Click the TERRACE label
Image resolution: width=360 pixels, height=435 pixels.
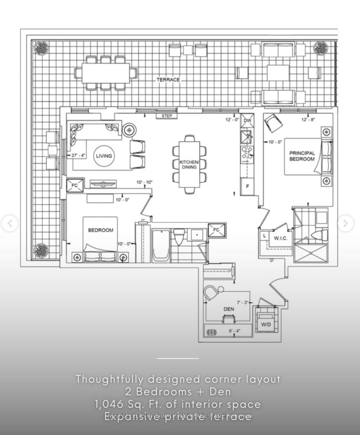tap(168, 80)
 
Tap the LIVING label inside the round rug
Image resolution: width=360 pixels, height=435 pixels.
tap(104, 156)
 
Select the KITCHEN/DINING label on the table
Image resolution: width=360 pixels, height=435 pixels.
tap(189, 164)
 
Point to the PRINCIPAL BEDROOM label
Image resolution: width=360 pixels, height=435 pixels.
tap(302, 156)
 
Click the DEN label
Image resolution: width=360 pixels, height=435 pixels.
tap(229, 309)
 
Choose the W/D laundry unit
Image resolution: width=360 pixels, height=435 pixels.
tap(265, 324)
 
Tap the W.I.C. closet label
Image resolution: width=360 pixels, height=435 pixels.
tap(281, 238)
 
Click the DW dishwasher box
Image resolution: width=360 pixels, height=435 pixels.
tap(247, 121)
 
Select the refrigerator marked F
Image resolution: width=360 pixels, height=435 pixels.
tap(247, 187)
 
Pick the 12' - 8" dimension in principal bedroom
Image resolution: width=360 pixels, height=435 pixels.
tap(308, 120)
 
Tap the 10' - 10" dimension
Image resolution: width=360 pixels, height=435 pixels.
tap(144, 182)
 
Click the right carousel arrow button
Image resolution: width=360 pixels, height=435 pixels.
tap(345, 223)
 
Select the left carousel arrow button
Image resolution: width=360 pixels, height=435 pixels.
tap(9, 223)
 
